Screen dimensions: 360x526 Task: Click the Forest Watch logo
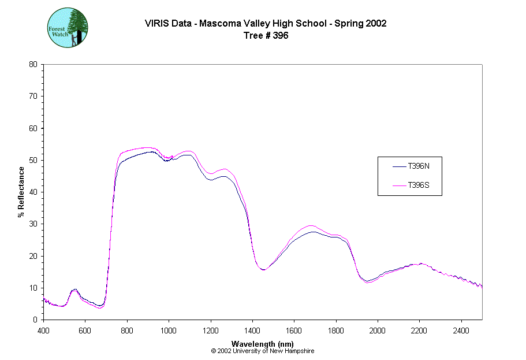coord(67,28)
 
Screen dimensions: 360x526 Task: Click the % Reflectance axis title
coord(21,192)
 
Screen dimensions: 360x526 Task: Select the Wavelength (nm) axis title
coord(263,344)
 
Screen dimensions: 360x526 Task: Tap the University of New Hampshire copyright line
coord(263,351)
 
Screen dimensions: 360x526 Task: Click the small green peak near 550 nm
coord(74,290)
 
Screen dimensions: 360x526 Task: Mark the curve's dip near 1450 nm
coord(263,269)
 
